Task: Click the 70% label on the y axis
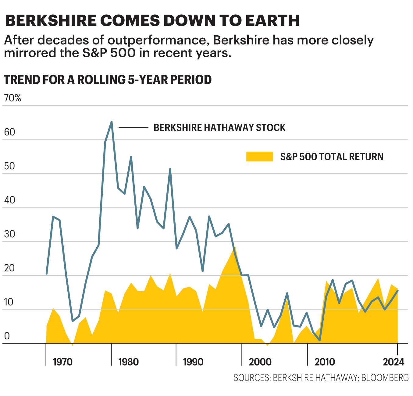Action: [x=12, y=98]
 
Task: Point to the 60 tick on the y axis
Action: [x=9, y=132]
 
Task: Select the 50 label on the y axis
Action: [x=9, y=166]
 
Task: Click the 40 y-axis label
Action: [x=9, y=200]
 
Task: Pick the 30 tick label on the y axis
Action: [x=9, y=234]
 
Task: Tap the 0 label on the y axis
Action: [x=7, y=336]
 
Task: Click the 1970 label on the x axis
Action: [x=62, y=362]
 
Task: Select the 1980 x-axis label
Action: [x=128, y=362]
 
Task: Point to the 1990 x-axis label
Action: [x=193, y=362]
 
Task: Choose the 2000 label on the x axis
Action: [x=260, y=362]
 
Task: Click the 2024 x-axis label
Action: [x=393, y=362]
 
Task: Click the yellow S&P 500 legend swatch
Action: [x=259, y=157]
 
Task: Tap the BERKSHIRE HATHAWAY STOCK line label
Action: [x=219, y=128]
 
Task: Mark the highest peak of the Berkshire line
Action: [x=112, y=122]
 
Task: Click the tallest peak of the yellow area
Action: [x=235, y=246]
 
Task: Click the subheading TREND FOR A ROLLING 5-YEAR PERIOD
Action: [x=108, y=80]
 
